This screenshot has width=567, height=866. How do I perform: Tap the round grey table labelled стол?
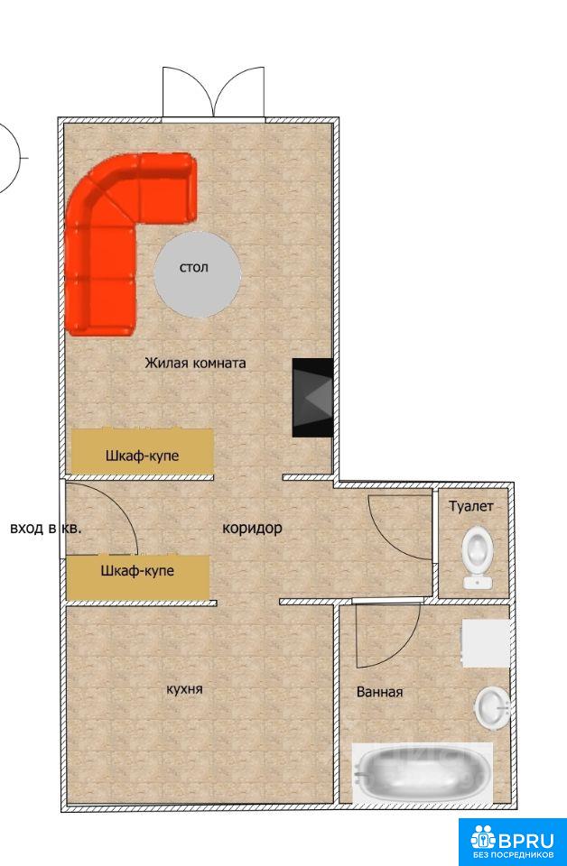click(x=198, y=274)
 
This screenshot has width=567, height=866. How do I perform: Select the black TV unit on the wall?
click(x=312, y=398)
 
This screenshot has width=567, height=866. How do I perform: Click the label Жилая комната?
click(x=195, y=363)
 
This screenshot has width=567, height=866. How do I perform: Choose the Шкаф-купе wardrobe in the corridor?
click(x=138, y=577)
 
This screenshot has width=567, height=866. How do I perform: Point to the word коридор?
click(x=252, y=528)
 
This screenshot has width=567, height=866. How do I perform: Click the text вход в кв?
click(x=46, y=528)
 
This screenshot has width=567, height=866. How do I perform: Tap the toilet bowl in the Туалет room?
click(x=478, y=557)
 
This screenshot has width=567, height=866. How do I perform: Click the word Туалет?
click(x=470, y=506)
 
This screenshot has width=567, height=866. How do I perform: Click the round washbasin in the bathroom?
click(x=492, y=706)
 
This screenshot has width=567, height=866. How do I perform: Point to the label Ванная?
click(x=380, y=692)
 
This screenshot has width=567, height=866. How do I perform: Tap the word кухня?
click(x=184, y=689)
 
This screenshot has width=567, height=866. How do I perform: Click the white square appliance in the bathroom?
click(x=486, y=643)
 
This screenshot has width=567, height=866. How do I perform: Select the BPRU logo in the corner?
click(x=512, y=842)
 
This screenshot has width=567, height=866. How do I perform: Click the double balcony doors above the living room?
click(x=213, y=92)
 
